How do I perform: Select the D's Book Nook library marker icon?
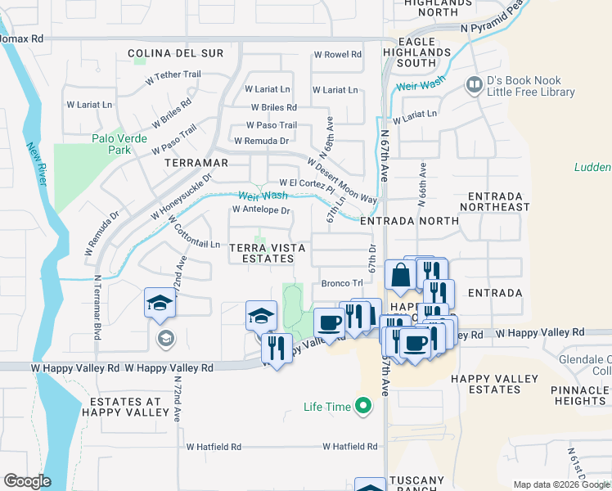[x=473, y=85]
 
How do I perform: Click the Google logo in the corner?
[x=27, y=481]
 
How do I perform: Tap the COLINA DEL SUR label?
[x=176, y=53]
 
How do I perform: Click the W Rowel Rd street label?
[x=338, y=55]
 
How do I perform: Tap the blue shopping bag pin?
[x=400, y=277]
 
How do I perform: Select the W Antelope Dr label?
[x=262, y=210]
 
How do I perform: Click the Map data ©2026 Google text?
[x=561, y=484]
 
